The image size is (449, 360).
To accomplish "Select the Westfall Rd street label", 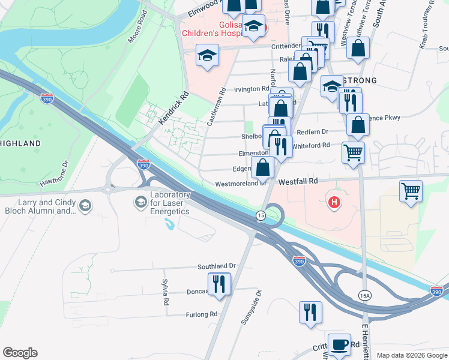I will (x=298, y=180).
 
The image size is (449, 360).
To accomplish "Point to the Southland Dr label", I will (x=217, y=266).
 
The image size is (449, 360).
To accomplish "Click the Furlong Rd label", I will (x=201, y=314).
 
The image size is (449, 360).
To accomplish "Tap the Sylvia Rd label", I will (x=164, y=292).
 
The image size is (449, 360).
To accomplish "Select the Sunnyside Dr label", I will (x=252, y=307).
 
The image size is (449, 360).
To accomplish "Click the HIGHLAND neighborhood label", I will (x=21, y=143).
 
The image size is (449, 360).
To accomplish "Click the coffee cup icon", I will (x=339, y=343).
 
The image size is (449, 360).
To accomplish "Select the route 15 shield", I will (x=261, y=215).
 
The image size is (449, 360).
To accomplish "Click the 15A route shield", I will (x=364, y=295).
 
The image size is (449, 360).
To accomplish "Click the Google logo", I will (x=20, y=353).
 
